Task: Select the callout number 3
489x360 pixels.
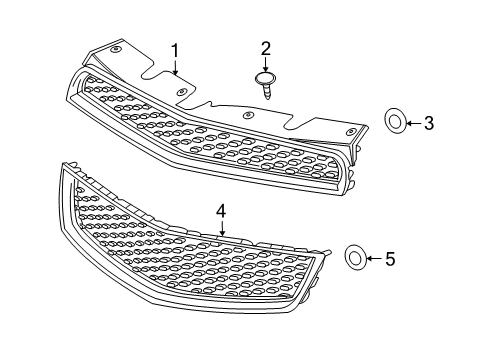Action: (x=428, y=124)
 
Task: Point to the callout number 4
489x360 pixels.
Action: (x=221, y=212)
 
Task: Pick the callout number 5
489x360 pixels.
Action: (x=390, y=259)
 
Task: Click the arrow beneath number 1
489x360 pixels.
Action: (x=175, y=67)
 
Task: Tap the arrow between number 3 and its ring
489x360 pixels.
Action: (x=413, y=123)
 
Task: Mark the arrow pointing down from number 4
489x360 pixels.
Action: (x=222, y=229)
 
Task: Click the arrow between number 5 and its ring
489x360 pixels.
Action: (x=374, y=259)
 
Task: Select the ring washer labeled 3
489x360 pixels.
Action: (x=396, y=123)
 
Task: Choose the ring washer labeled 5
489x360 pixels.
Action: (x=355, y=258)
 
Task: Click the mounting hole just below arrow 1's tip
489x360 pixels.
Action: (x=181, y=91)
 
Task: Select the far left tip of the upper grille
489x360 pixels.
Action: (x=68, y=89)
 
